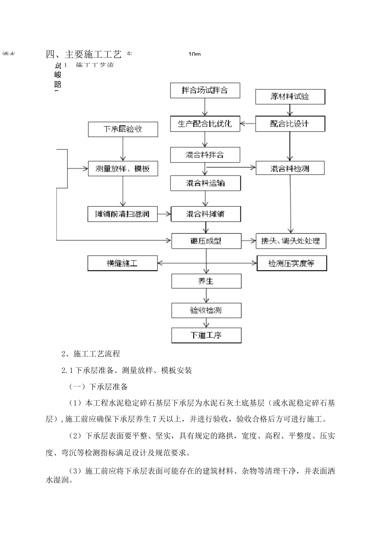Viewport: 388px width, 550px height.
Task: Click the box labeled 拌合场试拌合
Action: click(x=205, y=90)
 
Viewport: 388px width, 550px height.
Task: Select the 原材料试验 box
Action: click(x=290, y=97)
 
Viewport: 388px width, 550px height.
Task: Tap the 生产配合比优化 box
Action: click(x=205, y=124)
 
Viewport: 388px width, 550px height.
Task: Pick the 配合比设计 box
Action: click(x=290, y=124)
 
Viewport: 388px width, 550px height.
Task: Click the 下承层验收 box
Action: click(x=123, y=129)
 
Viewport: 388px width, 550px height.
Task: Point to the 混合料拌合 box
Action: click(x=205, y=155)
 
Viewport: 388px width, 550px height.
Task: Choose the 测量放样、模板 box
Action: click(x=123, y=169)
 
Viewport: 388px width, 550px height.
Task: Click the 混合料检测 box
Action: click(x=290, y=168)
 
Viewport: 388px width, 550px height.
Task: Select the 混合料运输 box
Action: click(x=205, y=183)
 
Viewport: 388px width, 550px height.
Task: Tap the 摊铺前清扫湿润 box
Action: click(x=123, y=214)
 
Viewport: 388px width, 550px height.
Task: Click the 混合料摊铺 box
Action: click(x=206, y=214)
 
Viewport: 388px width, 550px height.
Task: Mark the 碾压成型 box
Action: click(x=206, y=241)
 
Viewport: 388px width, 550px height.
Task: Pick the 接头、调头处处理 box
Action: click(x=291, y=241)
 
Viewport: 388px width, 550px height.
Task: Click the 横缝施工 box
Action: click(x=123, y=263)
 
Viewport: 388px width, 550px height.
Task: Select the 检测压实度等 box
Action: click(x=292, y=263)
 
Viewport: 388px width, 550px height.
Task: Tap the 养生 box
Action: click(x=206, y=281)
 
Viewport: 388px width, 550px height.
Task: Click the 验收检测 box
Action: click(x=206, y=310)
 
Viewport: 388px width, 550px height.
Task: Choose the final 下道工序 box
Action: click(x=206, y=335)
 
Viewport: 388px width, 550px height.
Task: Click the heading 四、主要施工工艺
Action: click(x=84, y=54)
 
